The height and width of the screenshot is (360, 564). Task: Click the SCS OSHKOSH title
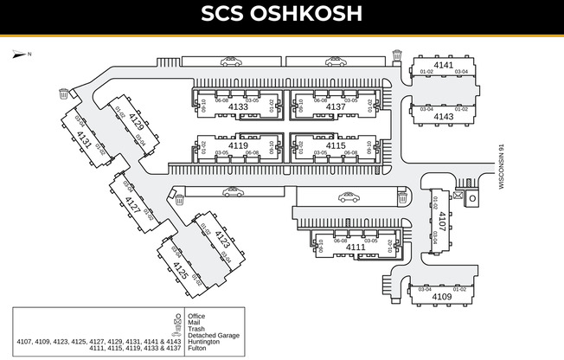281,15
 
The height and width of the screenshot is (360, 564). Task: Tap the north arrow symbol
20,54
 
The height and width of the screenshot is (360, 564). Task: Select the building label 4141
444,65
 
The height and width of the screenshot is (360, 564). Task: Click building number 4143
444,116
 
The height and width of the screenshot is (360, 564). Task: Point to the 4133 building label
238,107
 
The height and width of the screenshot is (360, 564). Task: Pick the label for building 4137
335,107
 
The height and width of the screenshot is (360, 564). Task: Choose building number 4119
238,145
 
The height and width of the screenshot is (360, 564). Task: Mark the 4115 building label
336,145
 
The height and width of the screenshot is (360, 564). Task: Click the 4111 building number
356,247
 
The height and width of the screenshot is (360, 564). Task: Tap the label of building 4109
441,297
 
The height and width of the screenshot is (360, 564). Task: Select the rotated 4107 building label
442,221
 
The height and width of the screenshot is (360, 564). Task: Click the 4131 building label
84,139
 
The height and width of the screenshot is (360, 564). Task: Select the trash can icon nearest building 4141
397,55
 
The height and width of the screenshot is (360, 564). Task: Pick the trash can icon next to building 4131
63,92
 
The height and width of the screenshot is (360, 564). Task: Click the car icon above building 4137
334,61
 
